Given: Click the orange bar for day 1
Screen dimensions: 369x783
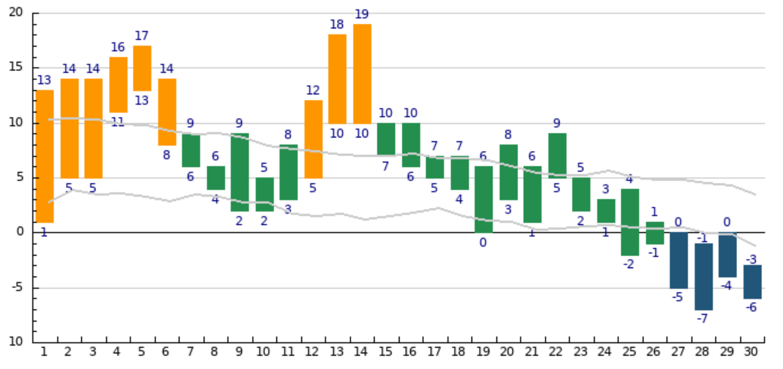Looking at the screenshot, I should click(44, 156).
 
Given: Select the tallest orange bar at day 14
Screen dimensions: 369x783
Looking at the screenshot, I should click(362, 74).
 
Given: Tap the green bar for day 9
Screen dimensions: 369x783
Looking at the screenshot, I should click(240, 172).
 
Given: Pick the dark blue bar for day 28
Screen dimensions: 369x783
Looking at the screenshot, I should click(704, 277).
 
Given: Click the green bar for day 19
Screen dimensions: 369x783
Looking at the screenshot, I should click(483, 199).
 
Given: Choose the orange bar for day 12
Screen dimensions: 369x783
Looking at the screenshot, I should click(313, 139).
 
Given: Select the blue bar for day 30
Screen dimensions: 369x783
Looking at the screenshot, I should click(752, 282).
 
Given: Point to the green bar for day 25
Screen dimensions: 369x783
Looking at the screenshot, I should click(630, 222).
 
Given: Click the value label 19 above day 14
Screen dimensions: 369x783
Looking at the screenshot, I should click(362, 14).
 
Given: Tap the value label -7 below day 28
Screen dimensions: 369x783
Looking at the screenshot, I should click(702, 319).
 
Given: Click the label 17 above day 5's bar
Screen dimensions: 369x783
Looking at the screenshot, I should click(142, 35).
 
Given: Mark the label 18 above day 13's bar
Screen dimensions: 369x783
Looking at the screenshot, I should click(337, 25).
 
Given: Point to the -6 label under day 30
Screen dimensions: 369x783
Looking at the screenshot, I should click(751, 308).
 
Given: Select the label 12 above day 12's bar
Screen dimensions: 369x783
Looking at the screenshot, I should click(313, 90).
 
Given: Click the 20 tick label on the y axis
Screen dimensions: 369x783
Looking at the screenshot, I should click(16, 12).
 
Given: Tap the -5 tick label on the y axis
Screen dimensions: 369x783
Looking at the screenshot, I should click(17, 288).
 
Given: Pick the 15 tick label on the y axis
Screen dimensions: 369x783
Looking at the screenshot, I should click(16, 67).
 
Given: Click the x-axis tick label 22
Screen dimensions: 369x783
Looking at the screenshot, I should click(556, 352).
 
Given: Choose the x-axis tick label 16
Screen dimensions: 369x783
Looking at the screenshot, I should click(409, 352).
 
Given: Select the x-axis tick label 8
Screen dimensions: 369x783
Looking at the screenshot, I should click(214, 352).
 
